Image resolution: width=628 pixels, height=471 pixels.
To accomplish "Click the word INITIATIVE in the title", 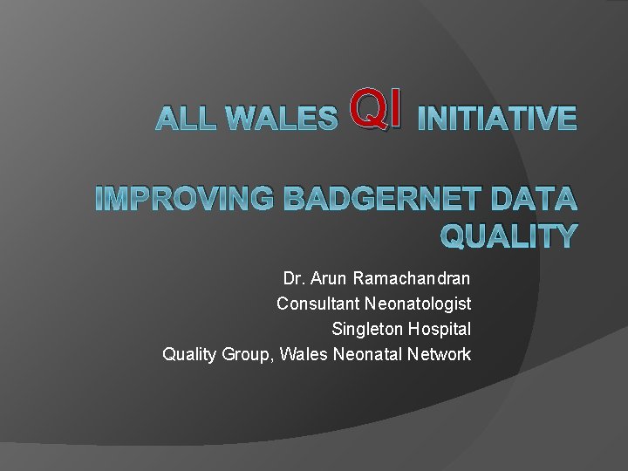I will point(496,118).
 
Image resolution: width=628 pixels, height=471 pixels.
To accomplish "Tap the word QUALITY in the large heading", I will point(509,236).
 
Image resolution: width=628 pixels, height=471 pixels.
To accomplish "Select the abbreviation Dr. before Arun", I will point(293,279).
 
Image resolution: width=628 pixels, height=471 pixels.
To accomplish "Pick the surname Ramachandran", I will point(411,279).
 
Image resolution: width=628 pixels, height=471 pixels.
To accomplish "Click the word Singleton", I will point(367,330).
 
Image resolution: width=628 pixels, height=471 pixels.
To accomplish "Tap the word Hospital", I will point(440,330).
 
